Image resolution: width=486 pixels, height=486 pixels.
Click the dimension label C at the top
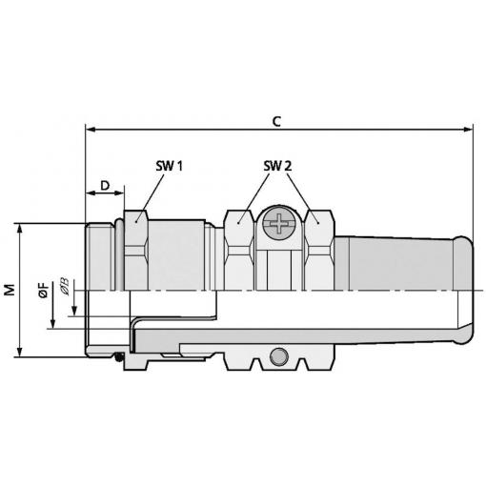[x=276, y=121]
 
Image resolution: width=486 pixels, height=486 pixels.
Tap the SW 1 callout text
[x=170, y=166]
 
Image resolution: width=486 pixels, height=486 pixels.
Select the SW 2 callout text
[x=277, y=166]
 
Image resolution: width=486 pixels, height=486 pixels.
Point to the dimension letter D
[x=105, y=185]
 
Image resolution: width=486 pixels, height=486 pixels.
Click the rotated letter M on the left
[x=10, y=290]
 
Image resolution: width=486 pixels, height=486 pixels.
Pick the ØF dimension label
[x=44, y=290]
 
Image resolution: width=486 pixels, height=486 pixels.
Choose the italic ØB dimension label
[x=64, y=287]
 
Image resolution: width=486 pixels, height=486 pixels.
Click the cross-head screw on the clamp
[x=279, y=223]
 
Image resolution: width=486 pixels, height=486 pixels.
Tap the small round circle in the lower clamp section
[x=278, y=356]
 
